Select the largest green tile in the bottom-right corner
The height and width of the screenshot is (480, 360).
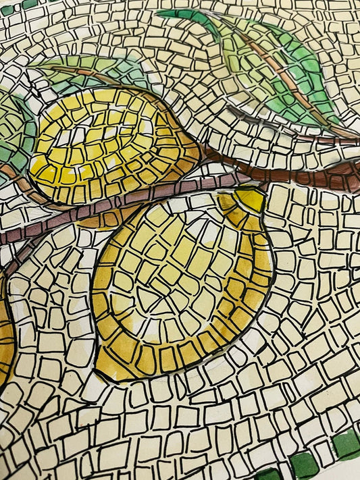tap(345, 444)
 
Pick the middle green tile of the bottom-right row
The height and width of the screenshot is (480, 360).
tap(305, 464)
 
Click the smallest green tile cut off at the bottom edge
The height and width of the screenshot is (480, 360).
tap(267, 475)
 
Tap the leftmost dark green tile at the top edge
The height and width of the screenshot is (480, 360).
tap(8, 9)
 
